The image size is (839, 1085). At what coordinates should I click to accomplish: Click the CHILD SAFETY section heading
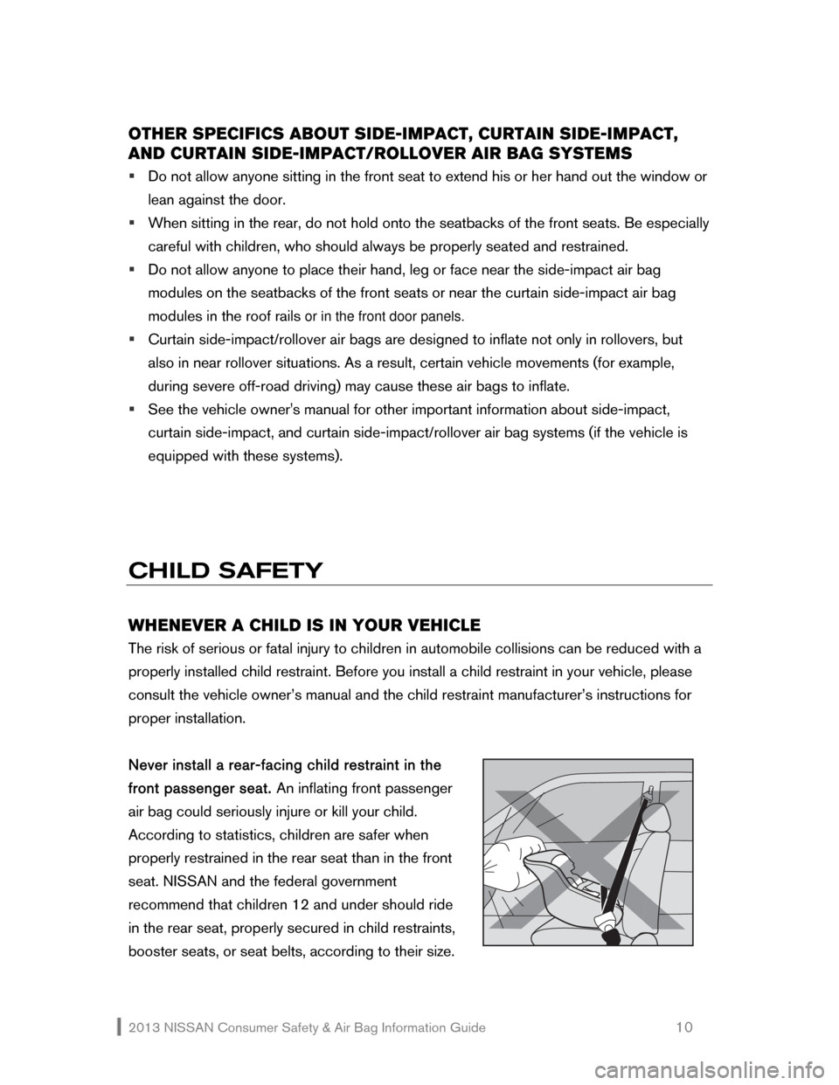click(x=226, y=571)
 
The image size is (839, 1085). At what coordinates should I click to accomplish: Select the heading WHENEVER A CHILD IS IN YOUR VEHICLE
click(x=303, y=625)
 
